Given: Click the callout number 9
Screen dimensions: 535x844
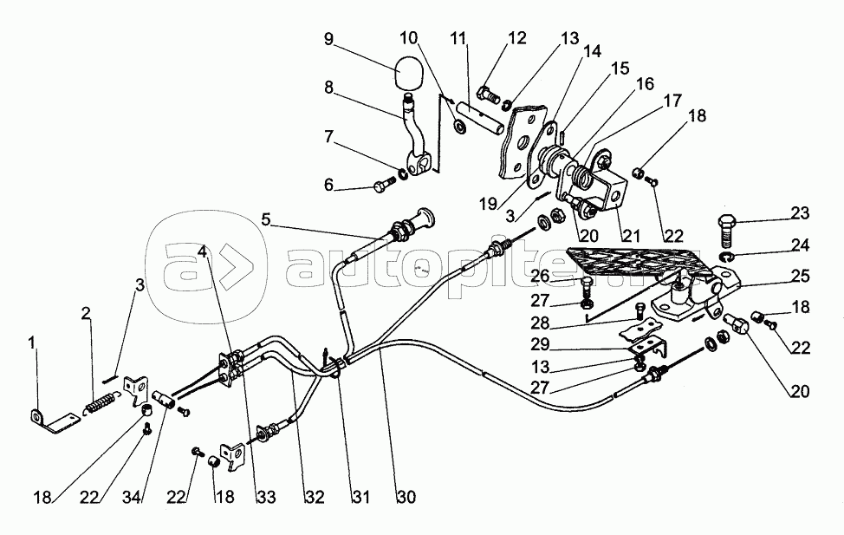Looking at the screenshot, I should (x=328, y=38).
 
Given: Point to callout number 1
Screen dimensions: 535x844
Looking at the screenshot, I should (x=32, y=344).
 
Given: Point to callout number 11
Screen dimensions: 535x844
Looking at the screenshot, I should (x=459, y=38).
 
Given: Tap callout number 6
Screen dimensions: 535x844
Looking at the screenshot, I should (x=328, y=186).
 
